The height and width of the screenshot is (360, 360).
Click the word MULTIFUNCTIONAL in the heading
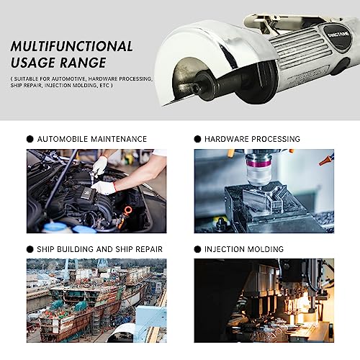[x=71, y=47]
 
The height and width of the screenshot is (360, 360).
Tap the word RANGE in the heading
[x=85, y=63]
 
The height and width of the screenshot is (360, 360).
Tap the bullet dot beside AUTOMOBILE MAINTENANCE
[x=30, y=139]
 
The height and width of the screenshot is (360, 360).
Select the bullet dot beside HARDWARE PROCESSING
[x=197, y=139]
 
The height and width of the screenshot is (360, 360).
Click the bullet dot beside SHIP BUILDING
[x=30, y=249]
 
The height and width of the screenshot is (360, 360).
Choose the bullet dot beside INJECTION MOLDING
[x=197, y=249]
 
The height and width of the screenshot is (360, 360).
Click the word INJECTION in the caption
[x=223, y=249]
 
